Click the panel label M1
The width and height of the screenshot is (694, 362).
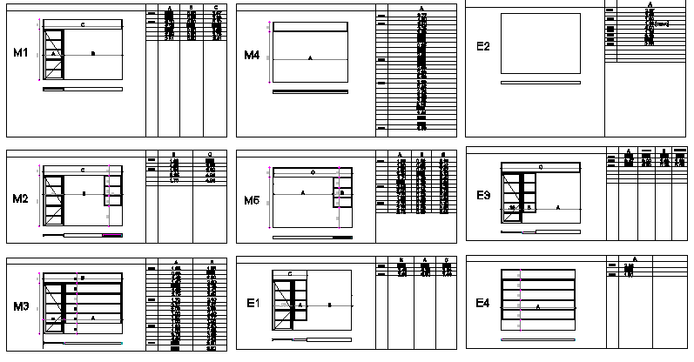click(x=21, y=54)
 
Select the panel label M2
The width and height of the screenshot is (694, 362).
click(x=21, y=199)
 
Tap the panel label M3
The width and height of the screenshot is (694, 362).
click(x=21, y=306)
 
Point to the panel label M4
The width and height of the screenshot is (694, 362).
click(x=252, y=56)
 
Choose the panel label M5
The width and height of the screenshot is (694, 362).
click(x=252, y=201)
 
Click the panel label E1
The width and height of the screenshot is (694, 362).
click(x=253, y=303)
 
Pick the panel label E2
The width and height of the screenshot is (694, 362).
click(x=484, y=45)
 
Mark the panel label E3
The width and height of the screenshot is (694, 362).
click(x=484, y=196)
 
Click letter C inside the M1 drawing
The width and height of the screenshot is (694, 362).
click(x=83, y=25)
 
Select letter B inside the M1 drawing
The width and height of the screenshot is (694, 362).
click(x=93, y=53)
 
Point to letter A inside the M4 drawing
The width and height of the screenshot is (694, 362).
click(x=310, y=57)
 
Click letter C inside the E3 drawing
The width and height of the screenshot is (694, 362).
click(x=541, y=166)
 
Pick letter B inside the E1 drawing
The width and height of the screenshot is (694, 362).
click(x=329, y=305)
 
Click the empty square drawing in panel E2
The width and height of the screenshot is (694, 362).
click(x=541, y=44)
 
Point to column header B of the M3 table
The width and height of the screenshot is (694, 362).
click(x=212, y=261)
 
